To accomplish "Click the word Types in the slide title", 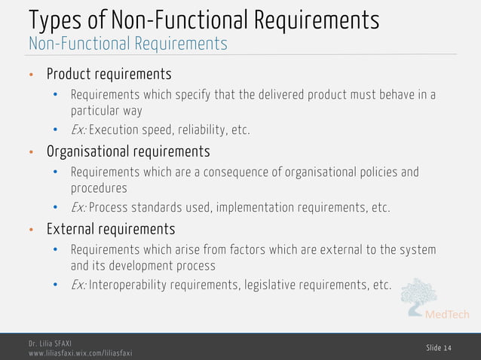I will tap(53, 20).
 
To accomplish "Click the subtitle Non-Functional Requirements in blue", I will tap(127, 44).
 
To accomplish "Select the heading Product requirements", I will tap(109, 75).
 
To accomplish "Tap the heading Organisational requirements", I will tap(127, 151).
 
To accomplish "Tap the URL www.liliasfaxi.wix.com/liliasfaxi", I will tap(79, 352).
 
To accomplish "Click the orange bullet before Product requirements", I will tap(32, 75).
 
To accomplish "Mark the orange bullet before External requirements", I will tap(32, 228).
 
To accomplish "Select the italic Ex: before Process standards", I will tap(78, 208).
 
